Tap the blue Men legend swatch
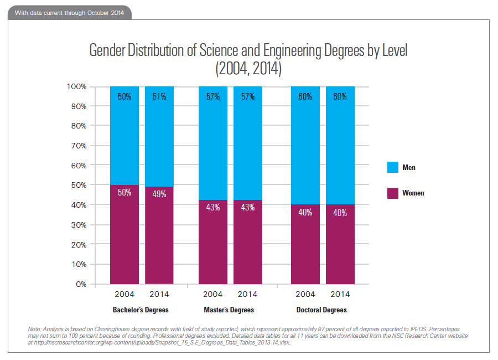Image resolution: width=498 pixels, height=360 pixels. (x=392, y=167)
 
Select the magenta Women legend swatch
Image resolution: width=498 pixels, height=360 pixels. (x=392, y=193)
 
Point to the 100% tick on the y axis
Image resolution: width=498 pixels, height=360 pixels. (x=76, y=86)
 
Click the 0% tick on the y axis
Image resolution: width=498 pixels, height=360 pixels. (x=80, y=284)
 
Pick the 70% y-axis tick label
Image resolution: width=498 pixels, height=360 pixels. (x=78, y=146)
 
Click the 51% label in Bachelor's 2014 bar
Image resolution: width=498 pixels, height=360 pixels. (x=159, y=96)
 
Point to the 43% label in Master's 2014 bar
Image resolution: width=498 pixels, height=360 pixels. (x=247, y=207)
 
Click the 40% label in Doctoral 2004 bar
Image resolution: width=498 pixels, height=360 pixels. (x=305, y=213)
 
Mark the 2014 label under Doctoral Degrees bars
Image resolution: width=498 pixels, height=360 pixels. (x=340, y=294)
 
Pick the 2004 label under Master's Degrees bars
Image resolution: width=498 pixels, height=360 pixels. (x=213, y=294)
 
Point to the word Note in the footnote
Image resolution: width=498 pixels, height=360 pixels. (x=34, y=330)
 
